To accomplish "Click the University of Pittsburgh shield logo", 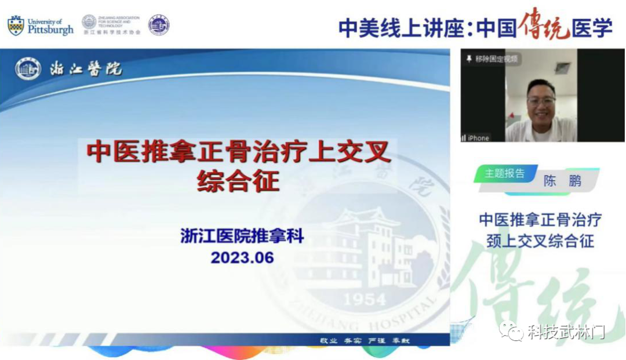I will coord(16,26).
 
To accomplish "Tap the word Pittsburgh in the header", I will coord(51,30).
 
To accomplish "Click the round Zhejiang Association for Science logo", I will coord(89,22).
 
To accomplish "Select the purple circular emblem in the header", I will coord(158,25).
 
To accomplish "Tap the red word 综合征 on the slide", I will coord(238,181).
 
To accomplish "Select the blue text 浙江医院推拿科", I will coord(242,237).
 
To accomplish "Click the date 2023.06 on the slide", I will coord(242,257).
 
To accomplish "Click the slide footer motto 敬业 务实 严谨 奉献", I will coord(365,340).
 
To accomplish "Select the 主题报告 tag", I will coord(504,173).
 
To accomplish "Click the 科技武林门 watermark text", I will coord(566,332).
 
